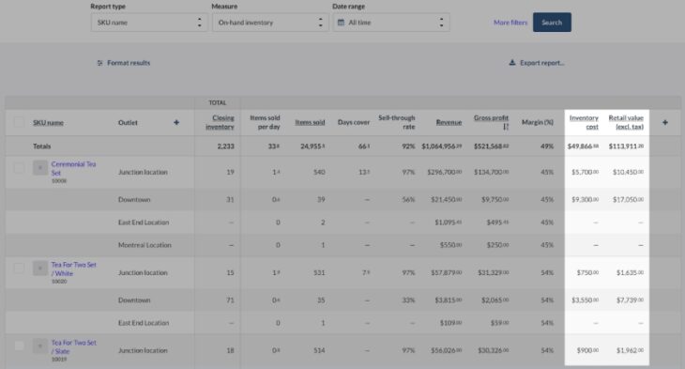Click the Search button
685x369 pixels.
tap(552, 23)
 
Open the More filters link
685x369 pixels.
tap(510, 23)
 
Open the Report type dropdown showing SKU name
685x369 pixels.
tap(149, 23)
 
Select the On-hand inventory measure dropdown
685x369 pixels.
tap(269, 23)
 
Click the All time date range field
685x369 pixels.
tap(390, 23)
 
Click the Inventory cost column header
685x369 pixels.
tap(584, 122)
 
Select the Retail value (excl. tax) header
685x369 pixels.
tap(626, 122)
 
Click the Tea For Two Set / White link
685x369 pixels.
tap(73, 268)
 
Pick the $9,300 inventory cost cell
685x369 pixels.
tap(584, 200)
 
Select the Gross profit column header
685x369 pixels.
tap(491, 118)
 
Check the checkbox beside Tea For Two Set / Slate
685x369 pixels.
tap(19, 346)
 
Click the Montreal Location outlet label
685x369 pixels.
tap(145, 245)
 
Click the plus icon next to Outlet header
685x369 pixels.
tap(175, 122)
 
